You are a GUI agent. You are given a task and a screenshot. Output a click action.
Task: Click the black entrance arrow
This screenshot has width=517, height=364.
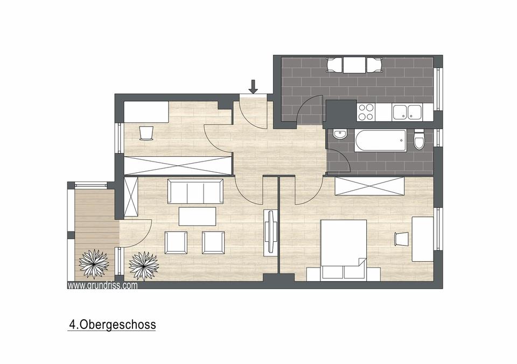[x=253, y=87]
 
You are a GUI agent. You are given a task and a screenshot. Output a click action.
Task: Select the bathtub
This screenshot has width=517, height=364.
[x=380, y=141]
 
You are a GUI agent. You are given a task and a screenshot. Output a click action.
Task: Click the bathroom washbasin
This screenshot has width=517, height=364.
[x=339, y=134]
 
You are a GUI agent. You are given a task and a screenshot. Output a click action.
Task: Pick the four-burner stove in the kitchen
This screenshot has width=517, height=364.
[x=366, y=111]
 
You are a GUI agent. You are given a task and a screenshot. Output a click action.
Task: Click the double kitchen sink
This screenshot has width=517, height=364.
[x=407, y=112]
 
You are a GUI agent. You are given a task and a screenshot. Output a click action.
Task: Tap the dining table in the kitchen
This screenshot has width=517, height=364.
[x=354, y=65]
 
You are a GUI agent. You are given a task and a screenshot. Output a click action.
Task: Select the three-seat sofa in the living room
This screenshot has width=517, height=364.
[x=195, y=192]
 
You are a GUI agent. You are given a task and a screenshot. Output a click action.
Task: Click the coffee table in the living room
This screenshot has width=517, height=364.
[x=197, y=216]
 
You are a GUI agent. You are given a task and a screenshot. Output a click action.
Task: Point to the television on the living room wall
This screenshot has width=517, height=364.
[x=271, y=232]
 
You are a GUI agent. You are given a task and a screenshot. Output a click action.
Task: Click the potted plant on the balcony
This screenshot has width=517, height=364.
[x=94, y=264]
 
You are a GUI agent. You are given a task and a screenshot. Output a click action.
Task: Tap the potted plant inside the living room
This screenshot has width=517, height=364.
[x=144, y=266]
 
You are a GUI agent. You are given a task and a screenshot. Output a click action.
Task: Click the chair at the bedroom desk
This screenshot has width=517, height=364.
[x=401, y=239]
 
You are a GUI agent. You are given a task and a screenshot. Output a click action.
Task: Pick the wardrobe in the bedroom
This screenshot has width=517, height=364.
[x=369, y=186]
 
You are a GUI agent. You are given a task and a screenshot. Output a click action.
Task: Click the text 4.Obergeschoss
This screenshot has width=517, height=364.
[x=112, y=325]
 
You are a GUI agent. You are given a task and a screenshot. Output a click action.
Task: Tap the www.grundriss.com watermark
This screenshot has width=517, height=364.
[x=102, y=285]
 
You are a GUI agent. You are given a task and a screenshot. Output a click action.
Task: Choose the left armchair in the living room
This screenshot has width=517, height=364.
[x=176, y=242]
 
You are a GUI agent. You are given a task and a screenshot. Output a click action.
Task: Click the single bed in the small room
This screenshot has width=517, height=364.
[x=146, y=112]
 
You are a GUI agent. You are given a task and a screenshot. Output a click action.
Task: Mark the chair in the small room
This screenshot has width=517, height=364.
[x=146, y=133]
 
